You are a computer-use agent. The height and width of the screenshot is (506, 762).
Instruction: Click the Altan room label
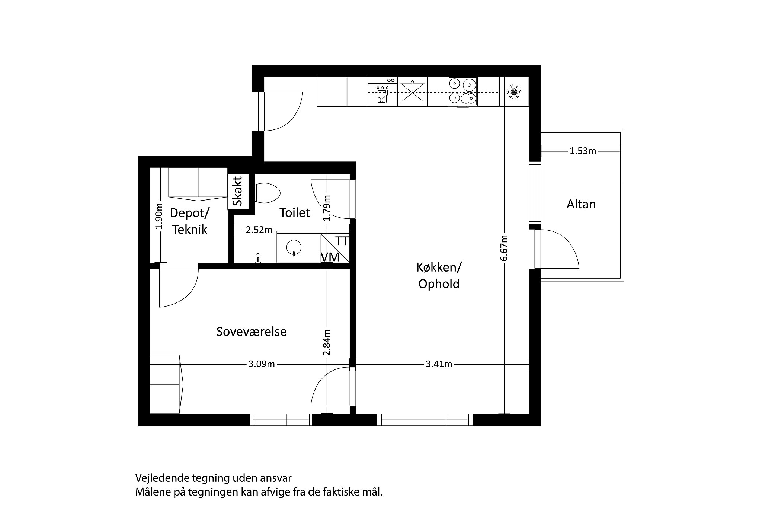tap(581, 204)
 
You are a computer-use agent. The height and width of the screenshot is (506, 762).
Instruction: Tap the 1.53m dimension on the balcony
tap(583, 151)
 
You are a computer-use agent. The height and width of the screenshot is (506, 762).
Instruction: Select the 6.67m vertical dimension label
tap(504, 248)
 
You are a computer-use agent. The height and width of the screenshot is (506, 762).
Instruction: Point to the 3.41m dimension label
tap(439, 364)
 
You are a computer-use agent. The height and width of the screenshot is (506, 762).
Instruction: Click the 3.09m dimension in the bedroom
tap(262, 364)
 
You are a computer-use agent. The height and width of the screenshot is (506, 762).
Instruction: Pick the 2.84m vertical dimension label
tap(327, 342)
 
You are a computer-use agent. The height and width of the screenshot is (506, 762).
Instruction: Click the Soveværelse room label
tap(252, 332)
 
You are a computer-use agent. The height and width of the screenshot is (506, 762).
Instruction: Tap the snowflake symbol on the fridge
tap(514, 92)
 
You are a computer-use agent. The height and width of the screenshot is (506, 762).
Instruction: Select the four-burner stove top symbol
tap(462, 92)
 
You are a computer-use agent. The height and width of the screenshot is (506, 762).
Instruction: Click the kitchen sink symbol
tap(412, 92)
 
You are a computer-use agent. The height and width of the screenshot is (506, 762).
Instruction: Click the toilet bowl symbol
tap(268, 193)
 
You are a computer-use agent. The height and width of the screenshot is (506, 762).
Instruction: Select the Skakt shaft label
tap(237, 191)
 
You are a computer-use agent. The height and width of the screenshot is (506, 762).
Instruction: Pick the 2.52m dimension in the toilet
tap(259, 230)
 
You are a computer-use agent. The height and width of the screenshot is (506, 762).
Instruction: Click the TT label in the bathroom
tap(342, 241)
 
